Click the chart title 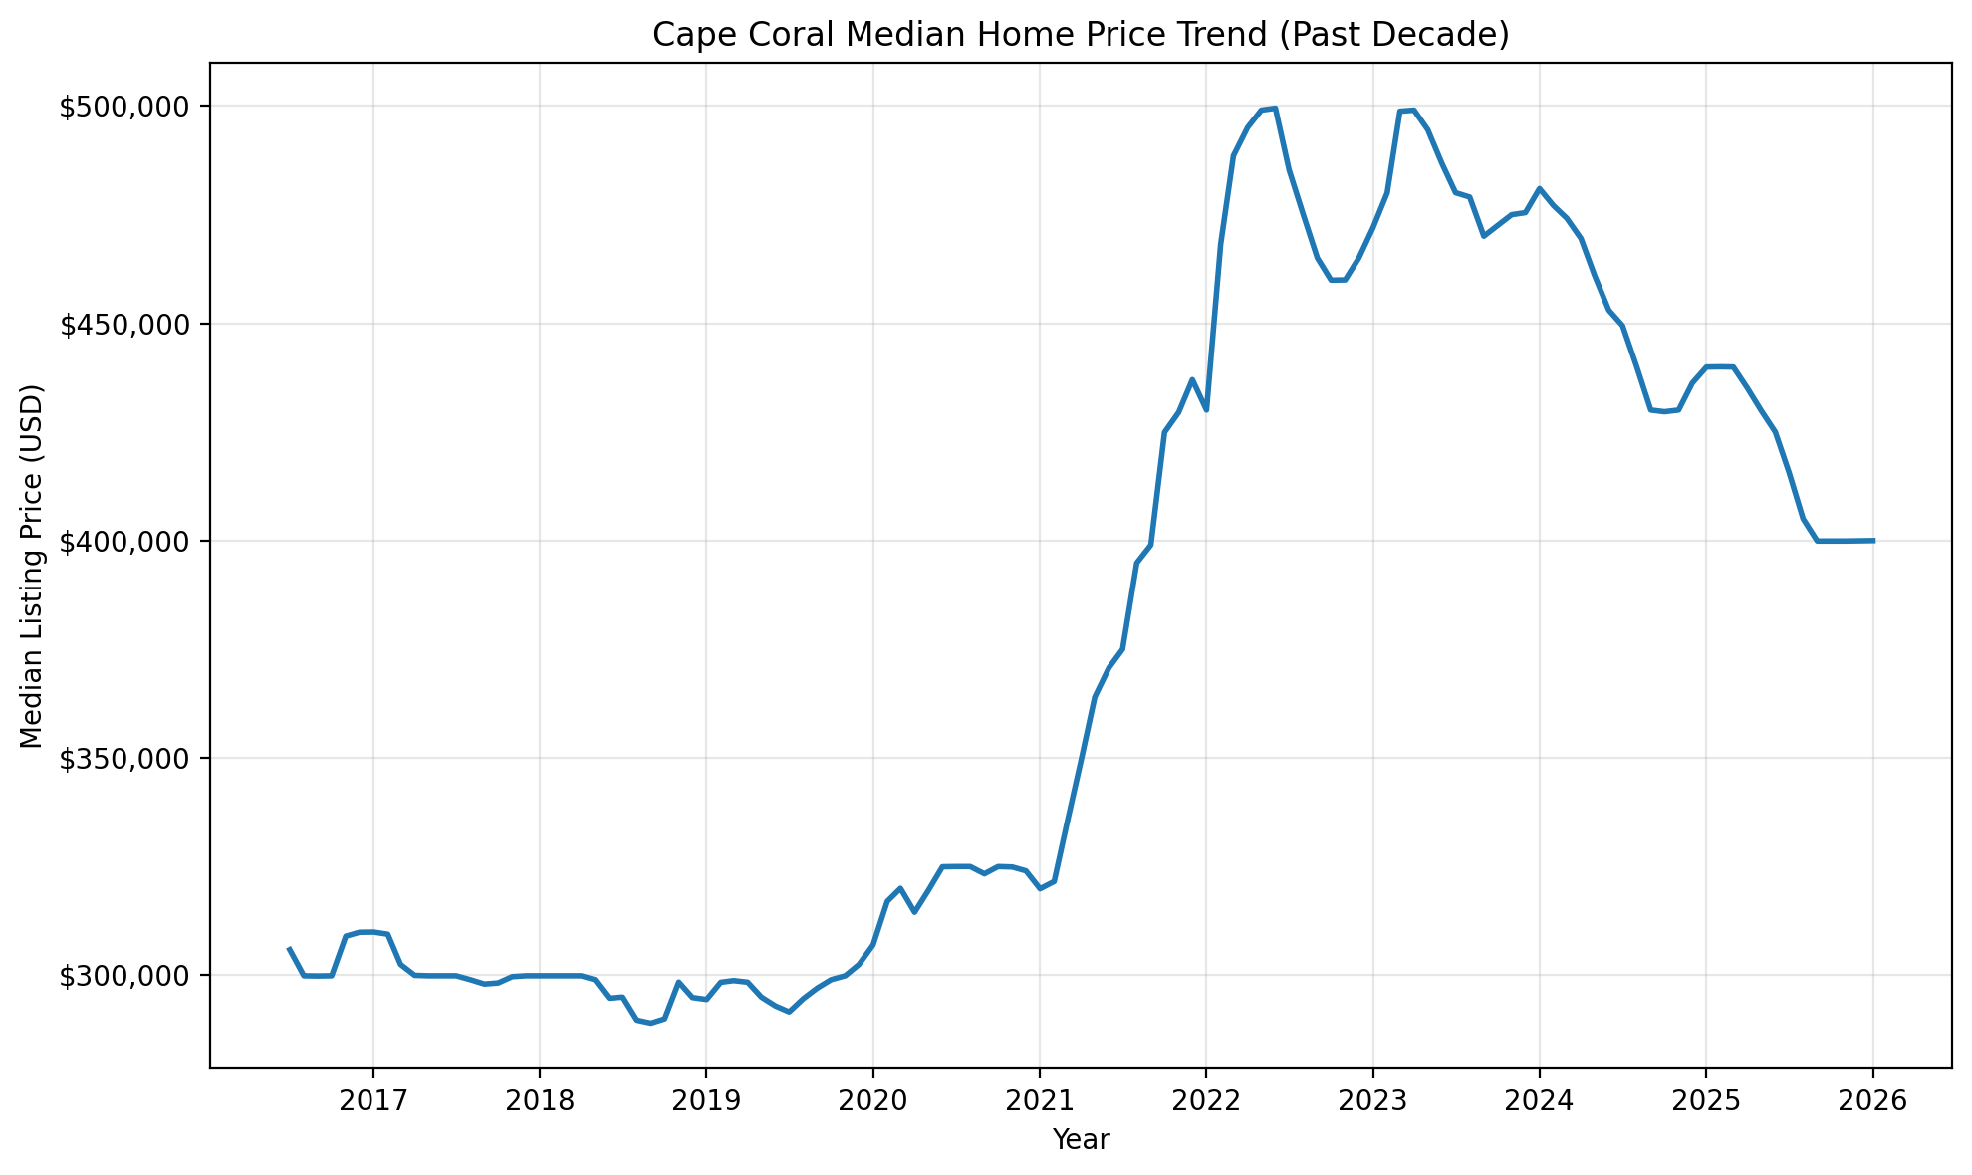pyautogui.click(x=1081, y=35)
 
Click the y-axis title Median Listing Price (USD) pyautogui.click(x=32, y=566)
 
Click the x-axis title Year pyautogui.click(x=1081, y=1140)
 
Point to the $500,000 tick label pyautogui.click(x=128, y=107)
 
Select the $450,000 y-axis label pyautogui.click(x=128, y=324)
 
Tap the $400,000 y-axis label pyautogui.click(x=128, y=541)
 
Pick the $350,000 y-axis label pyautogui.click(x=128, y=758)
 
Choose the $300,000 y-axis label pyautogui.click(x=128, y=975)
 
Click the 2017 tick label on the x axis pyautogui.click(x=372, y=1101)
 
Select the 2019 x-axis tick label pyautogui.click(x=706, y=1101)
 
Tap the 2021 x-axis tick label pyautogui.click(x=1039, y=1101)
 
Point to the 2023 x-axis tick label pyautogui.click(x=1372, y=1101)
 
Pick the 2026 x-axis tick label pyautogui.click(x=1872, y=1101)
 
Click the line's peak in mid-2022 pyautogui.click(x=1276, y=108)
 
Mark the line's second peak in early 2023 pyautogui.click(x=1413, y=110)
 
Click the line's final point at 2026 pyautogui.click(x=1873, y=541)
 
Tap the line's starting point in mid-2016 pyautogui.click(x=289, y=949)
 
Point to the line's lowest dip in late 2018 pyautogui.click(x=650, y=1023)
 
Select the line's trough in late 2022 pyautogui.click(x=1338, y=280)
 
